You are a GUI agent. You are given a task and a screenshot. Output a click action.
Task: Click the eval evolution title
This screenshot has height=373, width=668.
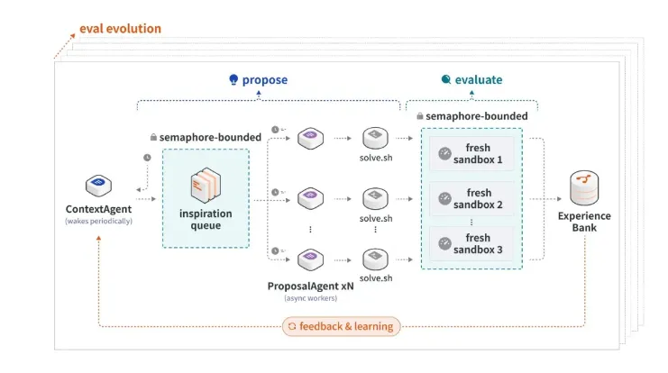[x=120, y=29]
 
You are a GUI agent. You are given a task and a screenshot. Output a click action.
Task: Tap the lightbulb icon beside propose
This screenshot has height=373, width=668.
[x=233, y=79]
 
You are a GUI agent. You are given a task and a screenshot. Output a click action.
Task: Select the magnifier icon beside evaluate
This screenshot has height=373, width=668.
[x=446, y=79]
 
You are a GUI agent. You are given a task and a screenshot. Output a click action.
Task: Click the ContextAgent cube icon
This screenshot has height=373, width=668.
[x=98, y=186]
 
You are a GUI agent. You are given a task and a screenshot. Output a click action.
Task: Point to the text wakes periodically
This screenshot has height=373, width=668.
[x=98, y=221]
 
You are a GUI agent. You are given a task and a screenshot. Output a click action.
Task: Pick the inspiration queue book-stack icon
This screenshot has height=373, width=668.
[x=206, y=185]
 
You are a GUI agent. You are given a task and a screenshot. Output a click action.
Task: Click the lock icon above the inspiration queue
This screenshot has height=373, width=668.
[x=153, y=137]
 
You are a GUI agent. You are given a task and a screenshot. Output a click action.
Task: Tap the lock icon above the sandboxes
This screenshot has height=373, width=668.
[x=419, y=116]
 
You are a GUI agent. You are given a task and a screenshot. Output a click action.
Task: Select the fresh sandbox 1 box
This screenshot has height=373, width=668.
[x=471, y=154]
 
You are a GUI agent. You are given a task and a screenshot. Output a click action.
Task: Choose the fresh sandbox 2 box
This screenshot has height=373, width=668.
[x=471, y=199]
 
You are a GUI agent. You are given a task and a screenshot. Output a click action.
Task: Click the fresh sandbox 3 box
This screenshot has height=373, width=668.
[x=471, y=243]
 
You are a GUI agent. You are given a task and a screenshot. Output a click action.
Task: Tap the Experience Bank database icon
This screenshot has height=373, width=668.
[x=584, y=188]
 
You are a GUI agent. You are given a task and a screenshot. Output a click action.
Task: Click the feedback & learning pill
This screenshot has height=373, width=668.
[x=342, y=326]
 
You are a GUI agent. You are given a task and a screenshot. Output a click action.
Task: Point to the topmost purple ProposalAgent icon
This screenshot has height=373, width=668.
[x=310, y=139]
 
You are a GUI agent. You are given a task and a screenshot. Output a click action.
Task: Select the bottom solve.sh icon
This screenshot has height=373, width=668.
[x=375, y=259]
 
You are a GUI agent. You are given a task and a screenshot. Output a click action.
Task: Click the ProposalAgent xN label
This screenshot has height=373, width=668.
[x=311, y=287]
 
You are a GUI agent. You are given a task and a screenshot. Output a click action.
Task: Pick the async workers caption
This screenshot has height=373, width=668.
[x=311, y=298]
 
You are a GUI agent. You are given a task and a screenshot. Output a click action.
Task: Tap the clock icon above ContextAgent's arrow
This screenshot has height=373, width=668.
[x=147, y=158]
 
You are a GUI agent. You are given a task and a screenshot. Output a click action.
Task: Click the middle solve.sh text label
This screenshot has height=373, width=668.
[x=376, y=218]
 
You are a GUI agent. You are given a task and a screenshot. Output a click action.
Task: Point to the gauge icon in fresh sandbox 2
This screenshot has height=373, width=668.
[x=444, y=199]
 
